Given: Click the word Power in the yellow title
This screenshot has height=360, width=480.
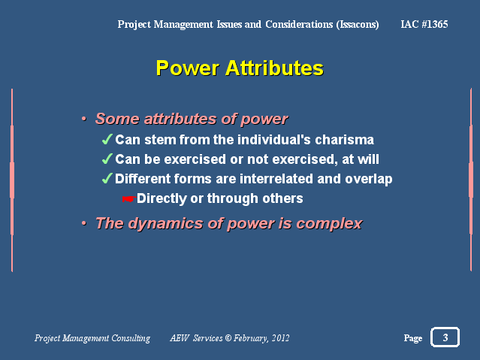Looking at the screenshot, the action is (188, 68).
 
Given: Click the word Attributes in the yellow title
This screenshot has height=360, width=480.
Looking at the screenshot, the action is (275, 68).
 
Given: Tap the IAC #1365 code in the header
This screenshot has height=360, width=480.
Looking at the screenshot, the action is (424, 24).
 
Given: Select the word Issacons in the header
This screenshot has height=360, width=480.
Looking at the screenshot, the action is (358, 25).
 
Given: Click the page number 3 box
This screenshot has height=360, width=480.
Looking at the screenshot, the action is (445, 337).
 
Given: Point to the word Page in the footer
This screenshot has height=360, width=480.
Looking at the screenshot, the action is (413, 338).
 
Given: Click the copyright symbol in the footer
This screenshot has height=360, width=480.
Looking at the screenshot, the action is (228, 338).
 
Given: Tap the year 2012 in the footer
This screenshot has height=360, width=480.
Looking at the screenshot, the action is (280, 338).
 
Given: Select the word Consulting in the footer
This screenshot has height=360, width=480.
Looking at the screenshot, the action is (131, 338).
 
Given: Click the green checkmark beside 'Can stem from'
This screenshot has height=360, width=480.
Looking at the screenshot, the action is (107, 139).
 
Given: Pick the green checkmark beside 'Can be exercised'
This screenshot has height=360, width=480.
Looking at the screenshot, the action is (107, 159).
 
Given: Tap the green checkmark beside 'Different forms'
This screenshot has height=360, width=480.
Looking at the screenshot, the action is (107, 178).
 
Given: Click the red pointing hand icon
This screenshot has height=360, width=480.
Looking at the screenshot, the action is (129, 199).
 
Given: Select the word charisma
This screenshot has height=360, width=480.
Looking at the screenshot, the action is (344, 140).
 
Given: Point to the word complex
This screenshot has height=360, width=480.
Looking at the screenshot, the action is (329, 224).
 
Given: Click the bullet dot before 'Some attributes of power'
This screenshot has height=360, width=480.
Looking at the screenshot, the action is (84, 119).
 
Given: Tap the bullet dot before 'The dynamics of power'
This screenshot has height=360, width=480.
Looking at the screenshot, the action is (84, 223).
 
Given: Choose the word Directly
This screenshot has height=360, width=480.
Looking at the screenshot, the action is (162, 198).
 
